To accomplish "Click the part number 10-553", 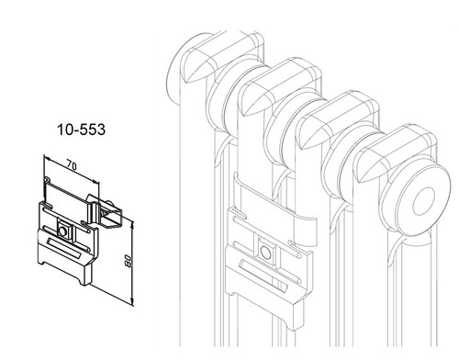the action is (81, 129).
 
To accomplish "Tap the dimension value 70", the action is (72, 166).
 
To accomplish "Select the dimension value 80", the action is (129, 261).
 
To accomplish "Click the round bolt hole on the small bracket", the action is (62, 231).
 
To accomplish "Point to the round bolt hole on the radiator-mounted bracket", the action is (265, 253).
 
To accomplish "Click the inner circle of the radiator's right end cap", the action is (424, 201).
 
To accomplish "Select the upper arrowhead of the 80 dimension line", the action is (132, 225).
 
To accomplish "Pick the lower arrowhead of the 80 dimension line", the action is (132, 301).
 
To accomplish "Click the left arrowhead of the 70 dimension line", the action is (47, 158).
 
